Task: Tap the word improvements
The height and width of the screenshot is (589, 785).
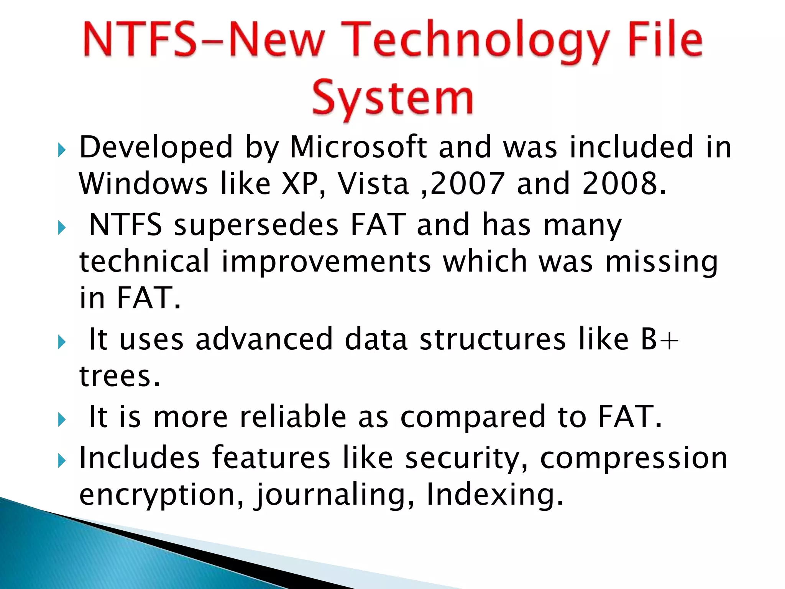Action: coord(326,261)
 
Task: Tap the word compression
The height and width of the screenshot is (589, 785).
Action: coord(633,459)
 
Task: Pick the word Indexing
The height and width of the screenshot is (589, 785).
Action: coord(494,495)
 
